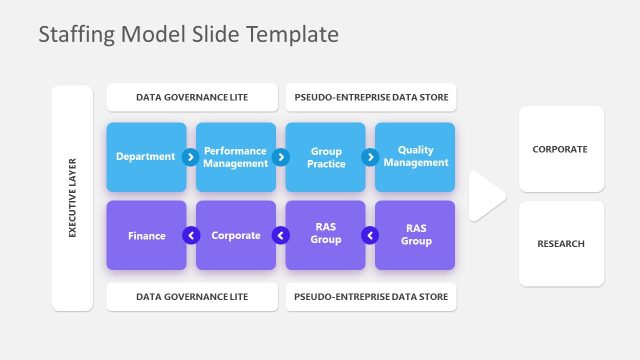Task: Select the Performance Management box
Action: (236, 157)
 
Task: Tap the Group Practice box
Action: (326, 157)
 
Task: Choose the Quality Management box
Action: (416, 157)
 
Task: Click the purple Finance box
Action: (146, 236)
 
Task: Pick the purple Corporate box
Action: (236, 236)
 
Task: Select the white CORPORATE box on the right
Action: (561, 149)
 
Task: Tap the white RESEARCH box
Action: (561, 244)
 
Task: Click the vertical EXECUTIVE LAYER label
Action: (72, 197)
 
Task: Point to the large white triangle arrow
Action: (485, 196)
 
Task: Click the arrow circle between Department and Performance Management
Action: (191, 157)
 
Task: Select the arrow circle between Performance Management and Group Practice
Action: (281, 157)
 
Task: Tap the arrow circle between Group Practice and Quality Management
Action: (370, 157)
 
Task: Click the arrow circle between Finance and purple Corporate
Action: (191, 236)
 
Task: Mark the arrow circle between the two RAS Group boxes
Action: (370, 236)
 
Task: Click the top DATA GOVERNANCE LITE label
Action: (192, 98)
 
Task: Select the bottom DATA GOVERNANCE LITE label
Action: (192, 297)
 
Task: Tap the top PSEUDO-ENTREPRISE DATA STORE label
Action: (371, 98)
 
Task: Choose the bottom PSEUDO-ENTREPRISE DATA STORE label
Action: (371, 297)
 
